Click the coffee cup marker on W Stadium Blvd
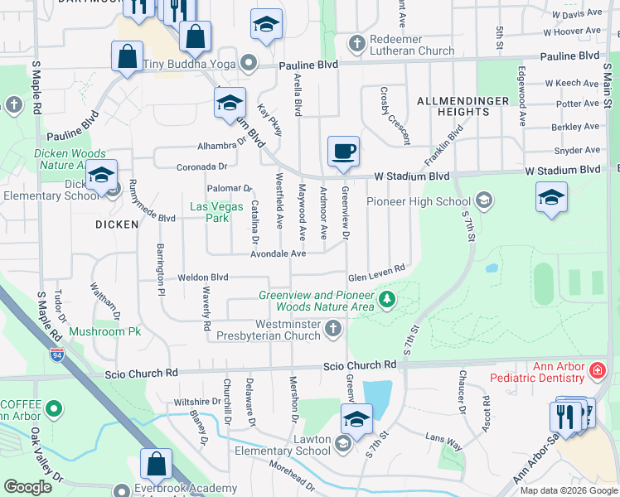343,152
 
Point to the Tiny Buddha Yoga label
191,65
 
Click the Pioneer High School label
419,201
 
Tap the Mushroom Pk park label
105,331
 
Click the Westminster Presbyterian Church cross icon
333,330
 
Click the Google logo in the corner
28,487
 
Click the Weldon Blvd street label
202,277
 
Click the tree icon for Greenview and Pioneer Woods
385,299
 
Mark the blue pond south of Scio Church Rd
377,396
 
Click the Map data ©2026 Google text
568,490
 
